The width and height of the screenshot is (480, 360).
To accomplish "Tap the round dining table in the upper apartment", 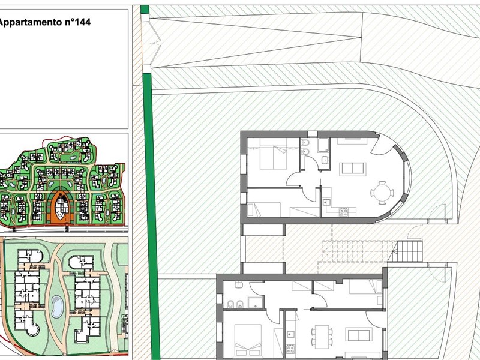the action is point(382,193).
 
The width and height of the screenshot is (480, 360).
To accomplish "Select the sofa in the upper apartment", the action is point(353,169).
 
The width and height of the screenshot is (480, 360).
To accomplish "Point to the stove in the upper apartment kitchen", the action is point(343,212).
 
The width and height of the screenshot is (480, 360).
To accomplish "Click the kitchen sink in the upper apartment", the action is point(326,202).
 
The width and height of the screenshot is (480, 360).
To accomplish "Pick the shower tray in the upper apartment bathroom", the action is point(323,145).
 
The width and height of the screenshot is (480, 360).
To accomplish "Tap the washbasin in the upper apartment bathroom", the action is point(325,159).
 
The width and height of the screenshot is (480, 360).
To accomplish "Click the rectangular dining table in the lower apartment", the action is point(322,337).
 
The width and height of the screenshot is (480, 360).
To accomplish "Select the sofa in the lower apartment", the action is point(359,334).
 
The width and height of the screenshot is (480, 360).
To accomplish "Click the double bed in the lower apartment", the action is point(248,340).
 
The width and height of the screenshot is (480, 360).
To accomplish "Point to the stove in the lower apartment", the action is point(290,348).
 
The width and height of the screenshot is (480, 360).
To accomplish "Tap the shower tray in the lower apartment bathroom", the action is point(255,302).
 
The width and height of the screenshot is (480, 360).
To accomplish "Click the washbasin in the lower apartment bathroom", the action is point(239,285).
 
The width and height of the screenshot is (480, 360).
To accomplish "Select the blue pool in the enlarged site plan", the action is point(57,307).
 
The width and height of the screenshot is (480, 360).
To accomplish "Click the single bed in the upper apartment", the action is point(264,209).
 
